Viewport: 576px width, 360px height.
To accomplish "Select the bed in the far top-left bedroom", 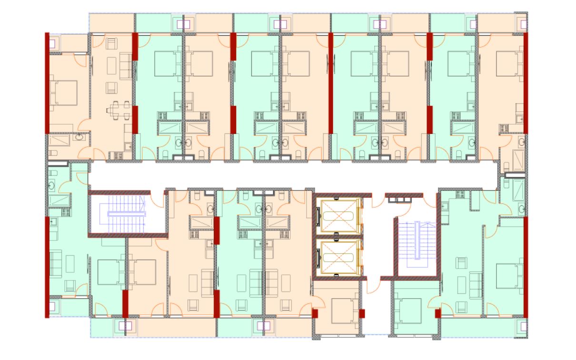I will [65, 92].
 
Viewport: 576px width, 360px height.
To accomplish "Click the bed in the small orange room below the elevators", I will [342, 309].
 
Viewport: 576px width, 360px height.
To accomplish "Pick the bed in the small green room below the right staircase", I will [408, 309].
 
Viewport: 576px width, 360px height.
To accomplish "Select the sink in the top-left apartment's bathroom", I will [79, 138].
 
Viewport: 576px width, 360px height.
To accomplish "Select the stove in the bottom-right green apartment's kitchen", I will [460, 194].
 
